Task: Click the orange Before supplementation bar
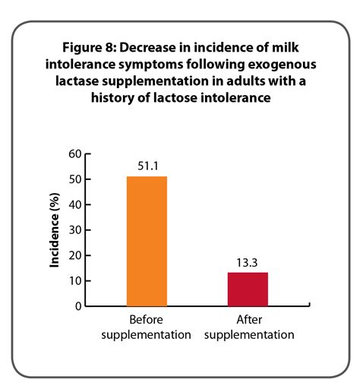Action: (x=147, y=241)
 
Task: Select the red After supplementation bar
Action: (x=248, y=289)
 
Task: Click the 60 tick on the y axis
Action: (x=75, y=153)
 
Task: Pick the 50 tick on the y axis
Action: (x=75, y=179)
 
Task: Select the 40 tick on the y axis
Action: (x=75, y=204)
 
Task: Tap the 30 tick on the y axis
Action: (x=75, y=230)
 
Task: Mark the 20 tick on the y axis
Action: (x=75, y=255)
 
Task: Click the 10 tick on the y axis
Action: (x=75, y=281)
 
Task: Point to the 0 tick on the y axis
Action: (x=78, y=306)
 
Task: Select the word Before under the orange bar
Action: (x=147, y=320)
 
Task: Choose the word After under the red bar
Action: (x=248, y=320)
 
